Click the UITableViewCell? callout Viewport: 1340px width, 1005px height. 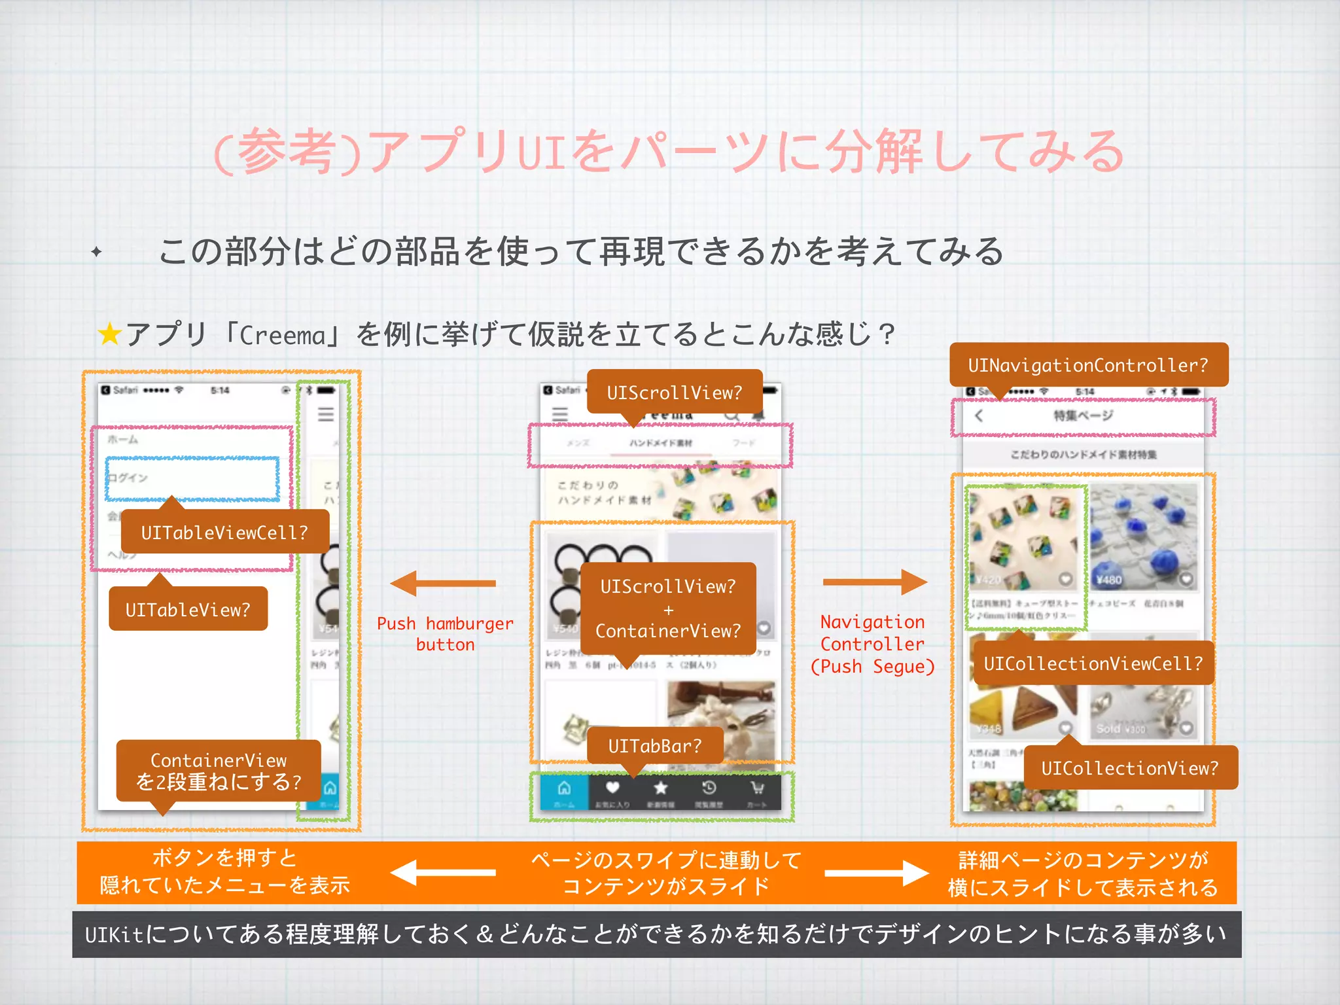coord(224,532)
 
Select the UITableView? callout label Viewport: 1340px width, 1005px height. coord(188,609)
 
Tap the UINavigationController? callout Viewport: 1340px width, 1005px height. coord(1088,365)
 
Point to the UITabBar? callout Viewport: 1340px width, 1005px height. coord(654,746)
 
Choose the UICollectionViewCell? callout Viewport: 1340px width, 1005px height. coord(1093,663)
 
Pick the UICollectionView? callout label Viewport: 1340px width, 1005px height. coord(1130,767)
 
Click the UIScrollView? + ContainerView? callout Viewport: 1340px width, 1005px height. coord(668,608)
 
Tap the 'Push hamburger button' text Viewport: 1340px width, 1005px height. coord(445,633)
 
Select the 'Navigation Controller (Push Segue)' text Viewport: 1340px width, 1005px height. coord(873,644)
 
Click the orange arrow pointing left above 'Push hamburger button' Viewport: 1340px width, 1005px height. coord(443,583)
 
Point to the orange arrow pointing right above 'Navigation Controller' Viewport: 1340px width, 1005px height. coord(875,582)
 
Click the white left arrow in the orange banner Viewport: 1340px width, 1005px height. coord(443,872)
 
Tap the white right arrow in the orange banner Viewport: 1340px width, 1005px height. coord(876,873)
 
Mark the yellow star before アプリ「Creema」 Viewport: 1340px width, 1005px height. coord(109,334)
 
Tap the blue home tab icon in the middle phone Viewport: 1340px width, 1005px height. coord(564,788)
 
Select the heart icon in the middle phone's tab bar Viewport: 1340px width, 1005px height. coord(612,787)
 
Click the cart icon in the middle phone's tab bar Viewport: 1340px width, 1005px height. coord(757,788)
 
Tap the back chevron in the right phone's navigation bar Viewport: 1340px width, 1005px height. coord(979,415)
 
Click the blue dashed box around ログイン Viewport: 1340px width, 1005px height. coord(192,479)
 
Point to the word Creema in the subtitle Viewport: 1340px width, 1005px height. coord(282,336)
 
